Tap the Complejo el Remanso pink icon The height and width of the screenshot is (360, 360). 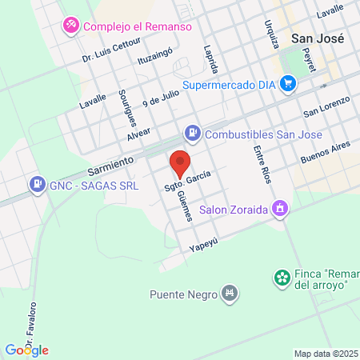[71, 26]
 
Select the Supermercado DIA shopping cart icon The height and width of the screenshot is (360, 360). [289, 83]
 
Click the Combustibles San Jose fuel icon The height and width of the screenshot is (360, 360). [192, 134]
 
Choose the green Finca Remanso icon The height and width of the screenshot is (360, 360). [282, 278]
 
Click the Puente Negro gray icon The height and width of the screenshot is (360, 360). [230, 293]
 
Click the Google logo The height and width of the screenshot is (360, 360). [27, 350]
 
